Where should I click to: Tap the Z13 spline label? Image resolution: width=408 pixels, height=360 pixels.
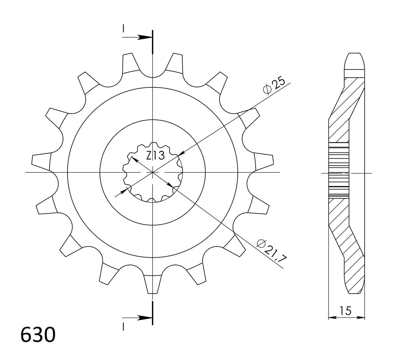pyautogui.click(x=155, y=156)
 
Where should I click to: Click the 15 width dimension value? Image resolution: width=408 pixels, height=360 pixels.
pyautogui.click(x=346, y=311)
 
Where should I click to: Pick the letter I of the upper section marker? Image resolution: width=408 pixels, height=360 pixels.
pyautogui.click(x=123, y=28)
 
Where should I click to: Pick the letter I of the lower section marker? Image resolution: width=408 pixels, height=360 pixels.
pyautogui.click(x=123, y=327)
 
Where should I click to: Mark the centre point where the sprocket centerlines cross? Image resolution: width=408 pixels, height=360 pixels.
pyautogui.click(x=153, y=173)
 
